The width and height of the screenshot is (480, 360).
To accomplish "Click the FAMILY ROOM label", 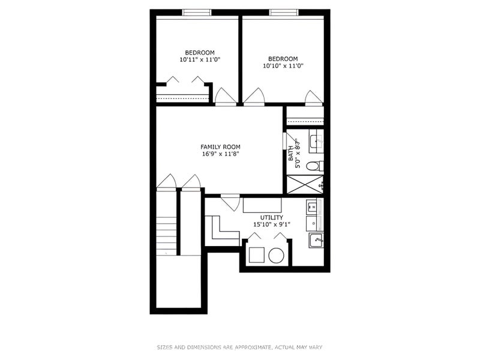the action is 220,147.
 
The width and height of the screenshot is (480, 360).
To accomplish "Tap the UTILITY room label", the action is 272,217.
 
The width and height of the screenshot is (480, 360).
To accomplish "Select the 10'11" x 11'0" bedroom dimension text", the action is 200,59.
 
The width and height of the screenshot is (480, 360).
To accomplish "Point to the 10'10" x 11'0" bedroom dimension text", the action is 283,65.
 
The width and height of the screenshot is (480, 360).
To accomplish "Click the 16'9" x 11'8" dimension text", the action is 220,154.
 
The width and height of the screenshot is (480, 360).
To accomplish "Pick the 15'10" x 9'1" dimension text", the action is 272,224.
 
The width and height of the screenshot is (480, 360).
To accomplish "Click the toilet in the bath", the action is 314,166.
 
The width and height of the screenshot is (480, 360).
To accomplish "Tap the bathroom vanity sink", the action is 316,142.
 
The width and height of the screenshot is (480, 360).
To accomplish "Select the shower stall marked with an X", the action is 305,184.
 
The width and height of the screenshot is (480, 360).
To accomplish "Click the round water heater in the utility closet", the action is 277,256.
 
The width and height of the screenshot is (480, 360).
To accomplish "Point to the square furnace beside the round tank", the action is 257,256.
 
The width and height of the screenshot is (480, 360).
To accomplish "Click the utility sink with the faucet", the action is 316,241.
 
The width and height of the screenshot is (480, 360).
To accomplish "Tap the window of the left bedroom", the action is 197,13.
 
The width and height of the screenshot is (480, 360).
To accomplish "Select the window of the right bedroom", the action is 284,13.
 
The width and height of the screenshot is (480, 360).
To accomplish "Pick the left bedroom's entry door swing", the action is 226,97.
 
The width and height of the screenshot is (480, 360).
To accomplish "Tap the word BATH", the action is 290,154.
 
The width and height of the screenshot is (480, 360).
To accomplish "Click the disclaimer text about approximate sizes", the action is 239,347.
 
